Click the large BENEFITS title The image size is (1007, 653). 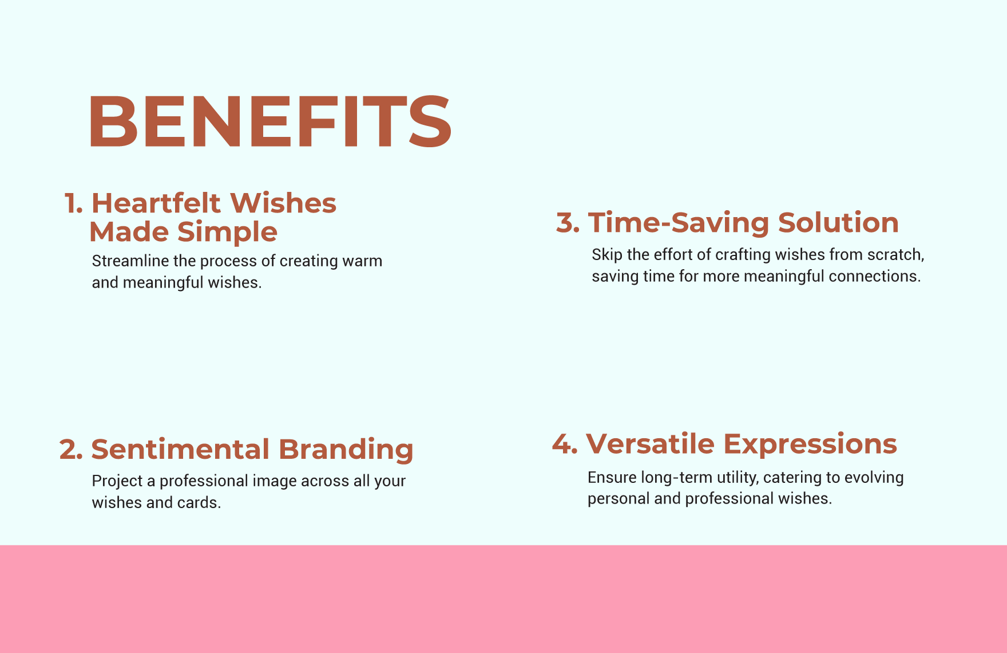coord(270,121)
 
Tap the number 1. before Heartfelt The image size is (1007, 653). coord(74,204)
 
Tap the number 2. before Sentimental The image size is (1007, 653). coord(72,450)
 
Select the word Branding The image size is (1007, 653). coord(346,450)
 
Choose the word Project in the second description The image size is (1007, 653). coord(117,481)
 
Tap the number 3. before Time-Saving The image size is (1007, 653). coord(568,223)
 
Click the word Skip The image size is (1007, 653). coord(606,255)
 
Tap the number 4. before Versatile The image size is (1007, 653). coord(565,444)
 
